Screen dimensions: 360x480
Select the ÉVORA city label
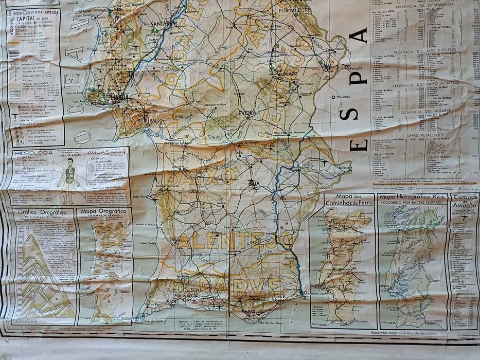click(x=248, y=112)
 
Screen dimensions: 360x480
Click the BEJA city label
click(x=254, y=183)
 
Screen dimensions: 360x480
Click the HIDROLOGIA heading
click(x=34, y=153)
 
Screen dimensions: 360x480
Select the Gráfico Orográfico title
click(x=42, y=212)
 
